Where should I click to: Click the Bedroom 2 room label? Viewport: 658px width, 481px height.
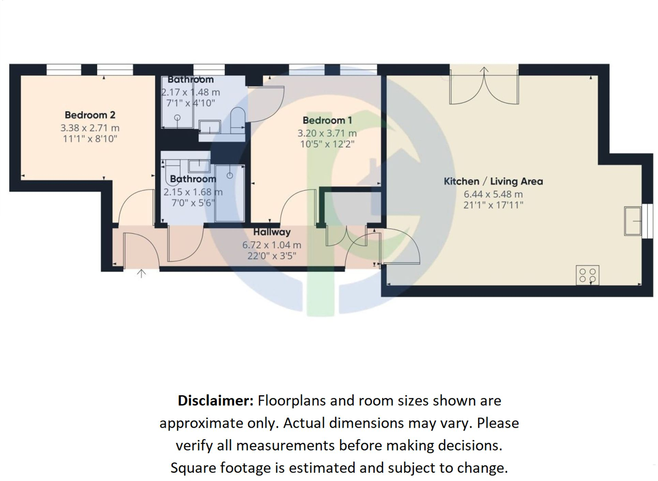click(x=90, y=115)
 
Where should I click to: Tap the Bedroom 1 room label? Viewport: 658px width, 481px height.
click(x=327, y=121)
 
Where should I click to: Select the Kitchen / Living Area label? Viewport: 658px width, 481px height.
click(x=493, y=181)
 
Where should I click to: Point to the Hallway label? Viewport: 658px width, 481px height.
click(x=272, y=232)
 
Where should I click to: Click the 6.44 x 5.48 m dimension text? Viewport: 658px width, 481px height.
click(x=493, y=194)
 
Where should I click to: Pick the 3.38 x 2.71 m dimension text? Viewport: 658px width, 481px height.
click(x=90, y=128)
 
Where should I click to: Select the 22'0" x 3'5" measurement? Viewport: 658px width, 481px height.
click(x=272, y=256)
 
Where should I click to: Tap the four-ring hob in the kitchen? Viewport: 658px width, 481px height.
click(x=587, y=275)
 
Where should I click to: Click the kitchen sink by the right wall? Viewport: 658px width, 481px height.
click(x=633, y=221)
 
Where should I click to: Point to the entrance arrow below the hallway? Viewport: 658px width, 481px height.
click(x=141, y=273)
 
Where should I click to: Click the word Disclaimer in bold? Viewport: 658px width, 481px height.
click(x=215, y=400)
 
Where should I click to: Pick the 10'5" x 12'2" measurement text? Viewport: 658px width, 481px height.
click(x=327, y=144)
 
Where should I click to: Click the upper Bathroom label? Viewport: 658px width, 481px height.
click(x=190, y=80)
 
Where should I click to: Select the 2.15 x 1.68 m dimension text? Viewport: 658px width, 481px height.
click(x=193, y=192)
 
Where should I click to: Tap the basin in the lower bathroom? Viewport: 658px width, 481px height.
click(x=199, y=166)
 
